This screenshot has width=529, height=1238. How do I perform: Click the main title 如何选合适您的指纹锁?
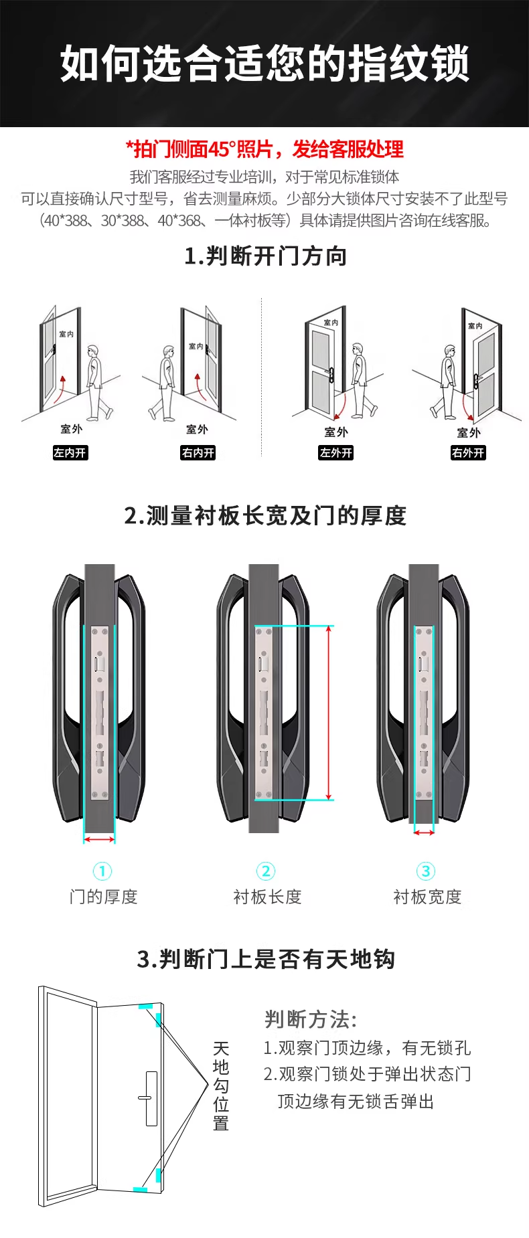point(264,64)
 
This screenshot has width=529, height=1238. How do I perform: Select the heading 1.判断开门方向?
point(265,256)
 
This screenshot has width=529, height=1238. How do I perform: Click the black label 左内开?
point(70,453)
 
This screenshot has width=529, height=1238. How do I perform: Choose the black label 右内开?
point(198,453)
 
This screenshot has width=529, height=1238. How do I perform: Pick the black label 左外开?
point(335,453)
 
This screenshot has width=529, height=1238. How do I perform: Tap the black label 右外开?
point(468,453)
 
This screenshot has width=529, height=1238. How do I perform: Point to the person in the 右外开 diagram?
point(447,381)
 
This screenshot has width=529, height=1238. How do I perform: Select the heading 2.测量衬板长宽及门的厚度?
point(265,516)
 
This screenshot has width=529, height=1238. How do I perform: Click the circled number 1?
point(102,871)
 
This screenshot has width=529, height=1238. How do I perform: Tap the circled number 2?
point(266,871)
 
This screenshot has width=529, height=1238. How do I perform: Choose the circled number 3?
point(426,871)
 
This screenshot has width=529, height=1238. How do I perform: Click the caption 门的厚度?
point(103,897)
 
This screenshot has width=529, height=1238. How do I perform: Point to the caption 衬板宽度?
point(427,897)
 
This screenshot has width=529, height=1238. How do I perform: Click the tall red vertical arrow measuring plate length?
point(329,713)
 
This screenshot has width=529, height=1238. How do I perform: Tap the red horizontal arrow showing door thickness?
point(99,840)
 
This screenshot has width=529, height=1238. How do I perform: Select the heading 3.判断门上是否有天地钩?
point(266,959)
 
